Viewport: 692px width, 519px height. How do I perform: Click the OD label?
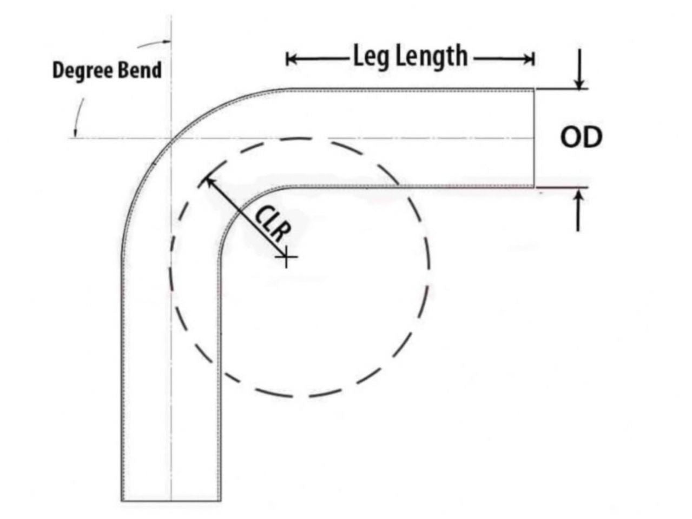pos(580,138)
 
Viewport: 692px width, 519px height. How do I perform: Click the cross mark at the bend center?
pos(286,258)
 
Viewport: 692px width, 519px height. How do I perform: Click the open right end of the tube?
pos(535,138)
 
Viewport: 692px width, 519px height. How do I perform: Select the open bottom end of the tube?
pos(171,501)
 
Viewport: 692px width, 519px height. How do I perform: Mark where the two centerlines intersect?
pos(172,138)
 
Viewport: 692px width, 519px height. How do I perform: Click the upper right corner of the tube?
pos(534,89)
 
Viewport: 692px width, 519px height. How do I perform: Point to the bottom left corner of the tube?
pos(122,501)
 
